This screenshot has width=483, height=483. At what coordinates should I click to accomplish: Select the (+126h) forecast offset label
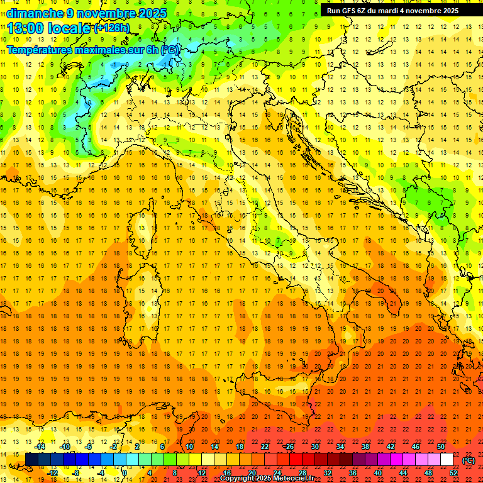[x=112, y=28]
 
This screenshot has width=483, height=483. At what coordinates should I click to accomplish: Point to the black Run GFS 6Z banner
[x=392, y=11]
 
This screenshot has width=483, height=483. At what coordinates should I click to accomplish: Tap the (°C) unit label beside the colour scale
[x=469, y=460]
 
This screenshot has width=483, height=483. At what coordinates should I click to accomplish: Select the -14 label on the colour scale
[x=40, y=447]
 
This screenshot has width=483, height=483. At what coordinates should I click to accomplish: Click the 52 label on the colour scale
[x=454, y=473]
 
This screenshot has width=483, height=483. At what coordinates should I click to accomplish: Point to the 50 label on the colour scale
[x=441, y=447]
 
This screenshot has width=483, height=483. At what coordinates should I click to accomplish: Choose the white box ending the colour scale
[x=447, y=460]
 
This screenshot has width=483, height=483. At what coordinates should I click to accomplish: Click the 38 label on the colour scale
[x=365, y=447]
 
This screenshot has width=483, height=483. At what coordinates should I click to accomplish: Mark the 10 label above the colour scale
[x=189, y=447]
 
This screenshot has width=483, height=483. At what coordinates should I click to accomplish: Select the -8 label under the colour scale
[x=77, y=473]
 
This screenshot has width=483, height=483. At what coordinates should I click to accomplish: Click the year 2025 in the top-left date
[x=151, y=13]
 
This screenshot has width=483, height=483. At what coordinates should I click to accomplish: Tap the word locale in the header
[x=70, y=28]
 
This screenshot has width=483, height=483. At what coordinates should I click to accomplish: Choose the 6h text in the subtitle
[x=153, y=50]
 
